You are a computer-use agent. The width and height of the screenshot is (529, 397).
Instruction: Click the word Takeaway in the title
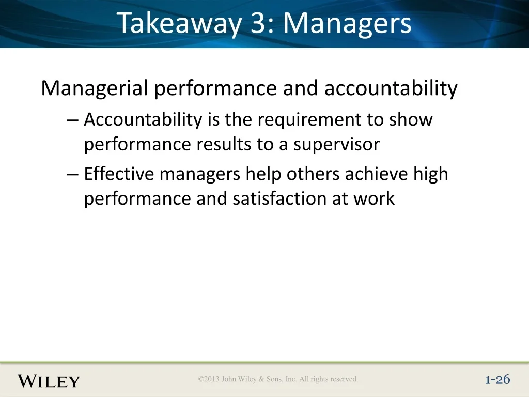[179, 23]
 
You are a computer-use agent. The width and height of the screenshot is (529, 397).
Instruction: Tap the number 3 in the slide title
[258, 23]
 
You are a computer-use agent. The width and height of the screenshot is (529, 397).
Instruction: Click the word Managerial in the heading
[95, 88]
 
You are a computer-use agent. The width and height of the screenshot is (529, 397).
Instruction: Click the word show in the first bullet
[411, 119]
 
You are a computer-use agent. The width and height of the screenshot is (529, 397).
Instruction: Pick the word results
[224, 145]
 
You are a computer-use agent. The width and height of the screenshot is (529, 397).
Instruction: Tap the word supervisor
[336, 145]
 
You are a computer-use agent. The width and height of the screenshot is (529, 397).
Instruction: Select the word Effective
[119, 174]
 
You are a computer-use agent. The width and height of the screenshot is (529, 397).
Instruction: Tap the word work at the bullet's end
[374, 198]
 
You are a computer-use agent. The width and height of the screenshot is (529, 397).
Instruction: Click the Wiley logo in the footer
[49, 381]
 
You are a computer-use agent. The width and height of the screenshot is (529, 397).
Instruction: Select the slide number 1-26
[497, 379]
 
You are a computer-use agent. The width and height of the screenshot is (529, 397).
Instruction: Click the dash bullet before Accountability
[72, 120]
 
